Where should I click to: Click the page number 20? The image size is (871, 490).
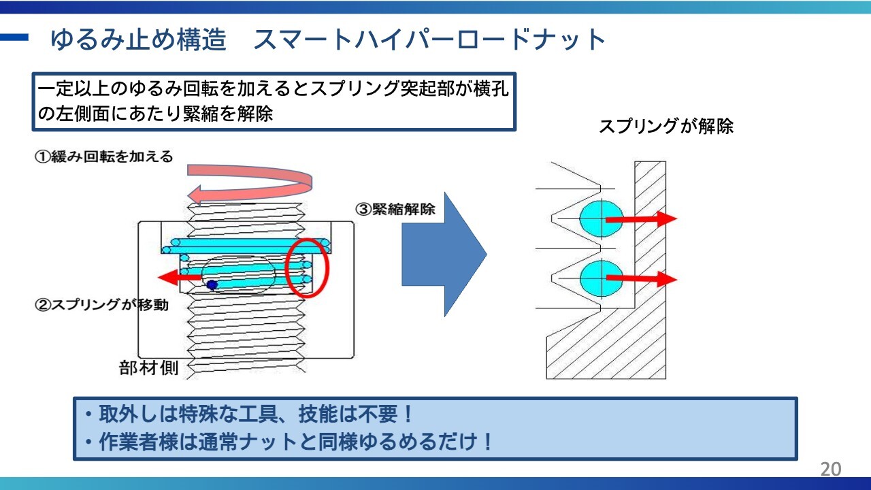click(831, 469)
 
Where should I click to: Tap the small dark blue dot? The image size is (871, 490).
click(212, 285)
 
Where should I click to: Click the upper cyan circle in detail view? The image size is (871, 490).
click(599, 218)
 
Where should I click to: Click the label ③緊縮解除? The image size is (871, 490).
click(395, 209)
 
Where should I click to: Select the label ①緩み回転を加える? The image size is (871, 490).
click(103, 157)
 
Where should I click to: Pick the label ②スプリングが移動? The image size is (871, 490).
click(101, 305)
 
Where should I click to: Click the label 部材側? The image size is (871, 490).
click(149, 368)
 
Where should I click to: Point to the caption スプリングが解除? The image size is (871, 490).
click(665, 127)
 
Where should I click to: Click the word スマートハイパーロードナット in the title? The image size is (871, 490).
click(429, 39)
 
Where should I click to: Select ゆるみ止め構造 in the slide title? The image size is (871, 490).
click(138, 39)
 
